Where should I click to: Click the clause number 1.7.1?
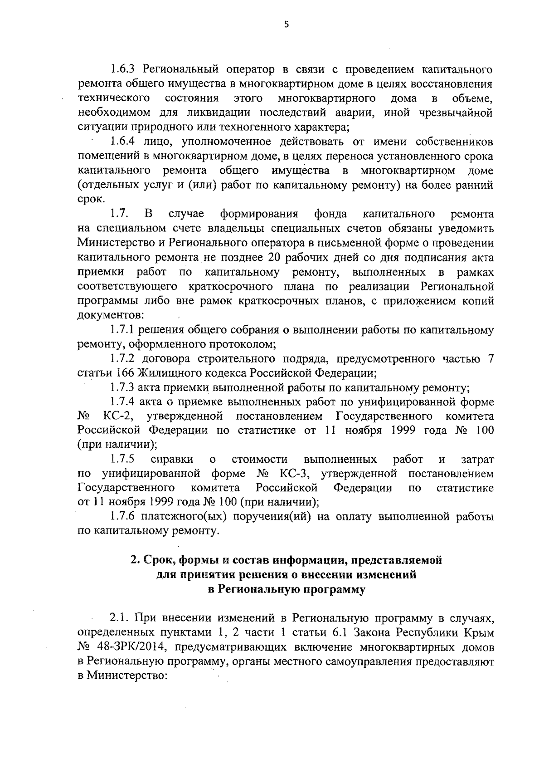123,330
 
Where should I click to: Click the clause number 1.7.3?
123,388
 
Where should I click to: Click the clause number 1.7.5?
124,460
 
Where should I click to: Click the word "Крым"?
479,633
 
